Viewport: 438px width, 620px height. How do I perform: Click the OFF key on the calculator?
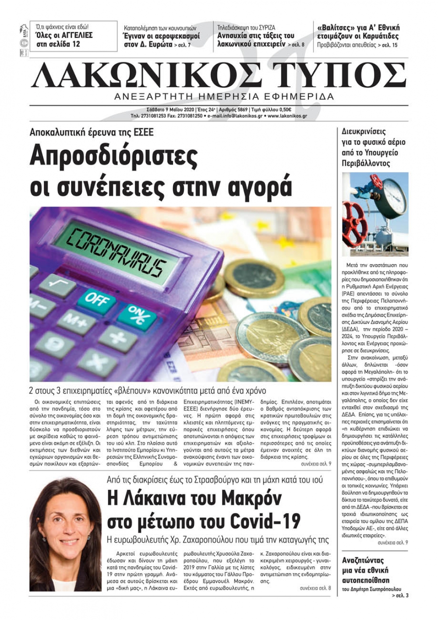(96, 300)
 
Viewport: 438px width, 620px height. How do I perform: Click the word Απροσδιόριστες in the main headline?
(113, 156)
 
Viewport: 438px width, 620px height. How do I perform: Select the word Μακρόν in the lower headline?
(252, 499)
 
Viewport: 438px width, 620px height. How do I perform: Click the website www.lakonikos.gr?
(287, 116)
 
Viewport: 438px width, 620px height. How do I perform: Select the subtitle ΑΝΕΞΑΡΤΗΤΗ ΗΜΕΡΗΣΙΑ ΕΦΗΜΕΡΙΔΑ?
(224, 96)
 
